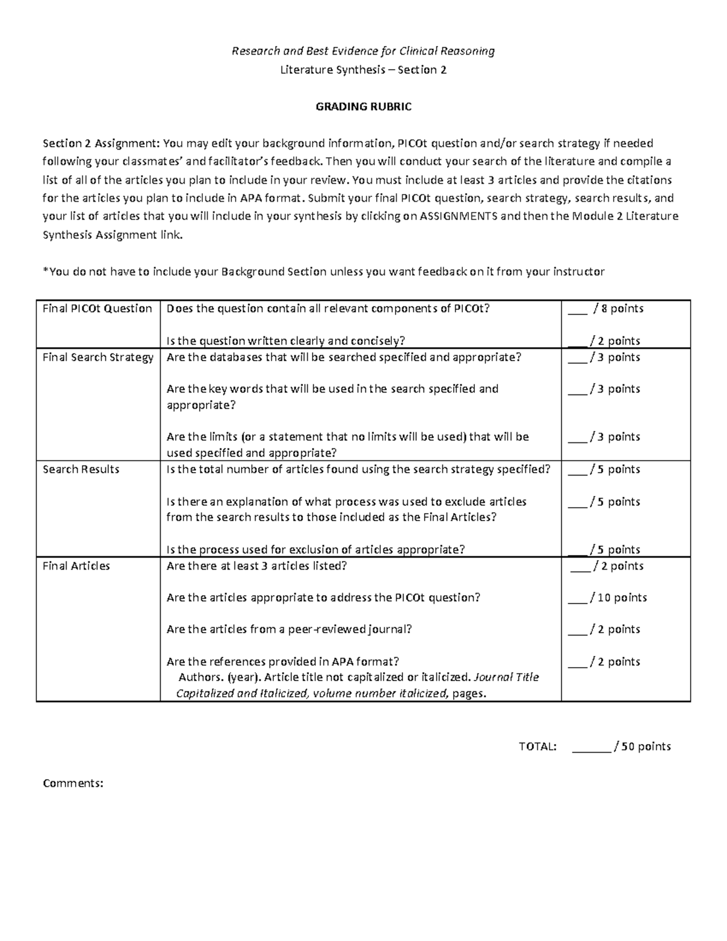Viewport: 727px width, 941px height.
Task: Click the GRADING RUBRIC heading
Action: coord(363,107)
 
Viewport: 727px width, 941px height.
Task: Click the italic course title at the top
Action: coord(363,51)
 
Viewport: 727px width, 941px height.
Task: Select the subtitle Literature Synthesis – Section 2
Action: coord(363,70)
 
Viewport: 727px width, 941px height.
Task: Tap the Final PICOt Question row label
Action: coord(97,308)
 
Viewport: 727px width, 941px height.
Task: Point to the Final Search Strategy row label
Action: coord(98,357)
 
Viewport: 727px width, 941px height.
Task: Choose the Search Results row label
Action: coord(81,469)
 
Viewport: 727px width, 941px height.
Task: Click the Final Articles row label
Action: coord(76,566)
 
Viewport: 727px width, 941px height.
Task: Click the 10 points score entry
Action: coord(607,597)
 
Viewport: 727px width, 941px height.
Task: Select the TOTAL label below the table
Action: coord(537,746)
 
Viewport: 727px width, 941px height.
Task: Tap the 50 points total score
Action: coord(621,746)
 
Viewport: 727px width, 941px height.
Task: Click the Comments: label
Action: coord(73,783)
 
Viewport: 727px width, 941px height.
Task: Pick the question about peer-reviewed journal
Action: coord(289,629)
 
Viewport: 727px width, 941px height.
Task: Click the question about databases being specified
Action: coord(344,357)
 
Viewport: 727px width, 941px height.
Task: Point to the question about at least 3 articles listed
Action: coord(256,566)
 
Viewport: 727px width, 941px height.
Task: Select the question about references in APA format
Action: coord(282,661)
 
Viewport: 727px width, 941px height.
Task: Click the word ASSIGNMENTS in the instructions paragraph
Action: coord(459,216)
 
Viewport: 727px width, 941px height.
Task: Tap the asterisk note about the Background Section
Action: coord(324,271)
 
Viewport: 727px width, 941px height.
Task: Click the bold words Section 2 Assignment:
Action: coord(101,144)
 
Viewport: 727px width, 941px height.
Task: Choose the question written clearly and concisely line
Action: coord(285,341)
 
